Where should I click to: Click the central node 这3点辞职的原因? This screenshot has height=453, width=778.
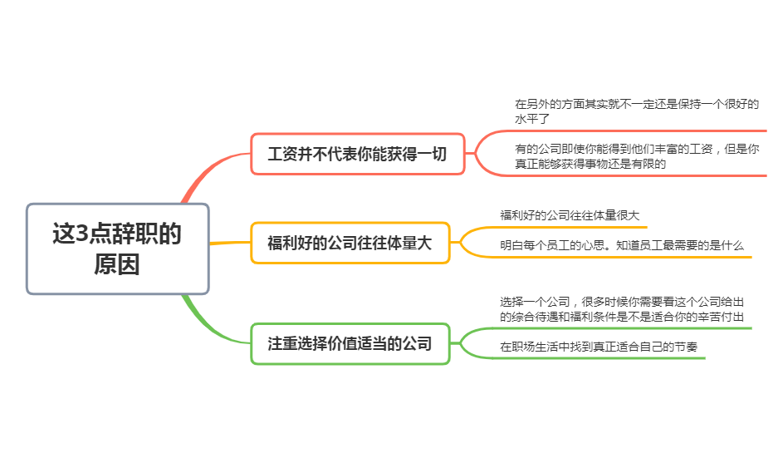[118, 249]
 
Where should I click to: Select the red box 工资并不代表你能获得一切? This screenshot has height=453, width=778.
[358, 154]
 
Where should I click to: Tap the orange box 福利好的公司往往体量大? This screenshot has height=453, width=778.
[350, 243]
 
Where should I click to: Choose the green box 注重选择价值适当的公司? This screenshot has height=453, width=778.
[350, 344]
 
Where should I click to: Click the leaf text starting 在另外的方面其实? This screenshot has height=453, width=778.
[637, 111]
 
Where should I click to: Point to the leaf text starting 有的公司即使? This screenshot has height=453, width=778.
[637, 156]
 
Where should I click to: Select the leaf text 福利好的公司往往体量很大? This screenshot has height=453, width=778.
[570, 215]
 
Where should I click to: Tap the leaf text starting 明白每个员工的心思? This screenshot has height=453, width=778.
[622, 245]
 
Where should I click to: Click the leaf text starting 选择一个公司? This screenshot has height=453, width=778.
[622, 309]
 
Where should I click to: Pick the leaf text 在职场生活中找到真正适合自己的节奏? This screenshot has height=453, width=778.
[599, 347]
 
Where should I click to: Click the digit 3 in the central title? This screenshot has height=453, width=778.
[82, 234]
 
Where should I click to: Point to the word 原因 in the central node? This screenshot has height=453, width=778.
[117, 264]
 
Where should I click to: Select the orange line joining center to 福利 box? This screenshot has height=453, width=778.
[230, 243]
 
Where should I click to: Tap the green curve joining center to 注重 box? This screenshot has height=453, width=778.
[209, 327]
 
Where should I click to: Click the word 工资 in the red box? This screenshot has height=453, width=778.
[282, 154]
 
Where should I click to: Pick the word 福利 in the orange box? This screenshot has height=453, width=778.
[282, 243]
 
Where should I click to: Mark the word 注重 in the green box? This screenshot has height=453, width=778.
[282, 344]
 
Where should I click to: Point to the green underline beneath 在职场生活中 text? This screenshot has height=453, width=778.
[595, 358]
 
